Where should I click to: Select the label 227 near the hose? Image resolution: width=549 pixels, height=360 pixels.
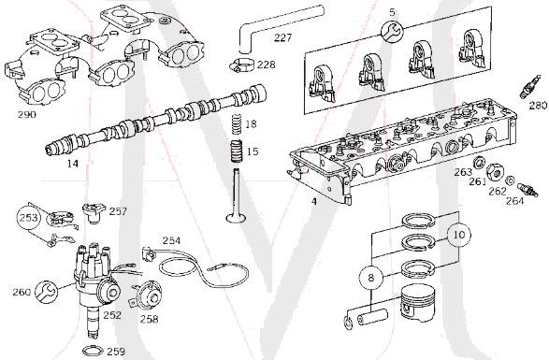tap(282, 38)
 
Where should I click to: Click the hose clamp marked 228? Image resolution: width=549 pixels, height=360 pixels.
tap(241, 65)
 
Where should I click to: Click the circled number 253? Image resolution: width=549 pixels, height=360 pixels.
tap(29, 222)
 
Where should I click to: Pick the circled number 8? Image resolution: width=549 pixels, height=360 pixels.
tap(371, 277)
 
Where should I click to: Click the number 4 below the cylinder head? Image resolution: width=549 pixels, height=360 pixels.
tap(313, 199)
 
